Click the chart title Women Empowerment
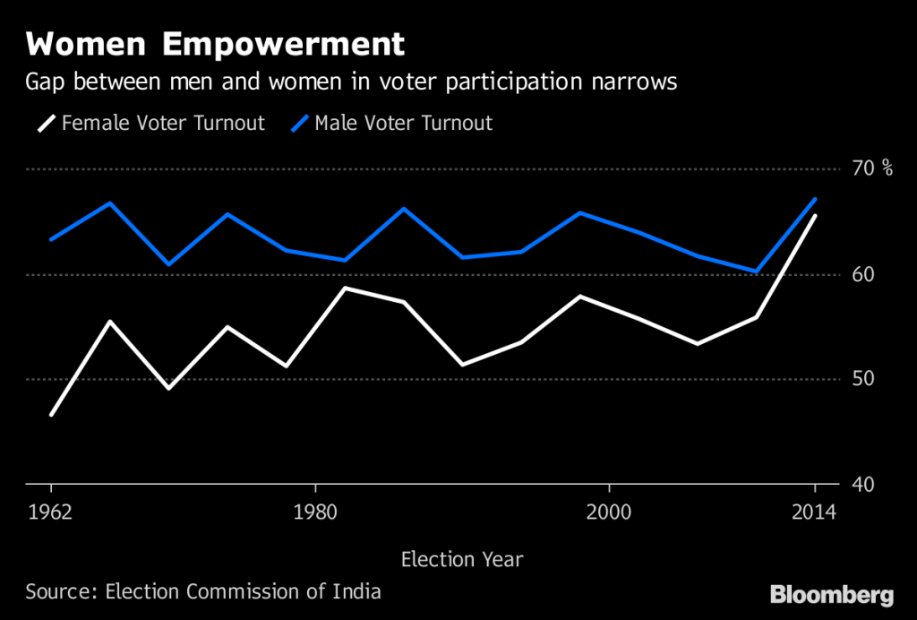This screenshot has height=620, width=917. [x=215, y=45]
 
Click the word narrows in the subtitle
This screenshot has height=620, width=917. [x=630, y=82]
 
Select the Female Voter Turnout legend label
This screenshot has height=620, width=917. [x=163, y=123]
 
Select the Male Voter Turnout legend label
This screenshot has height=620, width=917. [x=403, y=123]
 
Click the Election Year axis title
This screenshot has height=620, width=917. [x=461, y=560]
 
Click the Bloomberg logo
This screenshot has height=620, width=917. [x=832, y=594]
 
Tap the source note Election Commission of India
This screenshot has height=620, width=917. [x=243, y=591]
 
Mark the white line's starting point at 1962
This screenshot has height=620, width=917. [x=51, y=415]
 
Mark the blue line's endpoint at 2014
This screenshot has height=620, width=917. [x=815, y=199]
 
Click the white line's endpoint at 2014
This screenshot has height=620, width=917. [x=815, y=216]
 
